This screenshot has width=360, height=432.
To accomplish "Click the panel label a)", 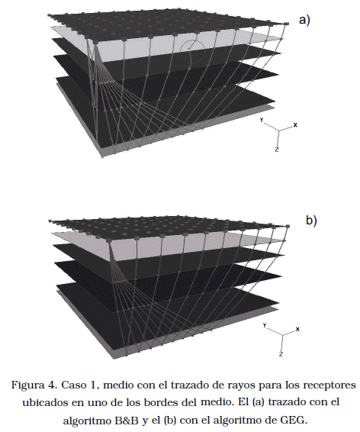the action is pyautogui.click(x=304, y=20).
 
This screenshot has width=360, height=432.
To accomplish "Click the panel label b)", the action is pyautogui.click(x=311, y=221).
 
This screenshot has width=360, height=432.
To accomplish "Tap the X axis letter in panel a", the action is pyautogui.click(x=295, y=125).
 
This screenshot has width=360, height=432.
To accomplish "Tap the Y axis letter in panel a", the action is pyautogui.click(x=262, y=120).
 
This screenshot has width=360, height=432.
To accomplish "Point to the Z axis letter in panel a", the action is pyautogui.click(x=277, y=150).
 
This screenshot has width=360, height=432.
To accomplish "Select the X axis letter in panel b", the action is pyautogui.click(x=297, y=329).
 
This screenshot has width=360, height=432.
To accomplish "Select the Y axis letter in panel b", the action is pyautogui.click(x=265, y=325).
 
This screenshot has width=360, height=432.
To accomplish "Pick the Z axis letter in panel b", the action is pyautogui.click(x=281, y=354).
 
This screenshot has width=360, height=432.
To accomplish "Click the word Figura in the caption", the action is pyautogui.click(x=27, y=385).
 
